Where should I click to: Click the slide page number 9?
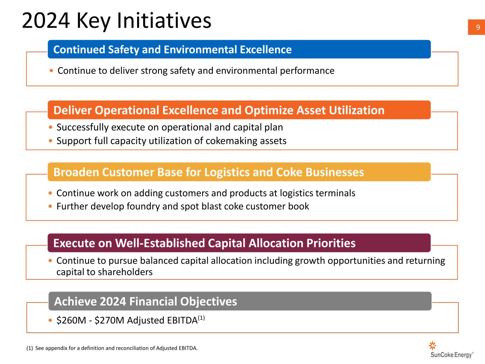(478, 27)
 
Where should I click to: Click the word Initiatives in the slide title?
(164, 20)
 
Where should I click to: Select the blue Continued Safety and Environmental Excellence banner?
(239, 49)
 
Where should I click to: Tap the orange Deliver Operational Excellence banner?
(239, 110)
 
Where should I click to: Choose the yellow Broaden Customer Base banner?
(239, 172)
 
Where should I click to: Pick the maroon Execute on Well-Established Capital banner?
(239, 243)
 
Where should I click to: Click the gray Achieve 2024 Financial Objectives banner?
(240, 301)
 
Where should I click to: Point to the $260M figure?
(71, 320)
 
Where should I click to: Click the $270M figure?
(109, 320)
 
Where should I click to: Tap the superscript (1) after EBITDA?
(201, 318)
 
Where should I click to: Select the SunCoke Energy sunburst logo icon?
(432, 346)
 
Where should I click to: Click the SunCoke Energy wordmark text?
(452, 355)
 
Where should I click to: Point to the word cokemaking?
(232, 141)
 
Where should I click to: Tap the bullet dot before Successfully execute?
(50, 127)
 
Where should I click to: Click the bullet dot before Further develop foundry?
(50, 206)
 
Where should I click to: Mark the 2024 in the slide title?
(46, 21)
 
